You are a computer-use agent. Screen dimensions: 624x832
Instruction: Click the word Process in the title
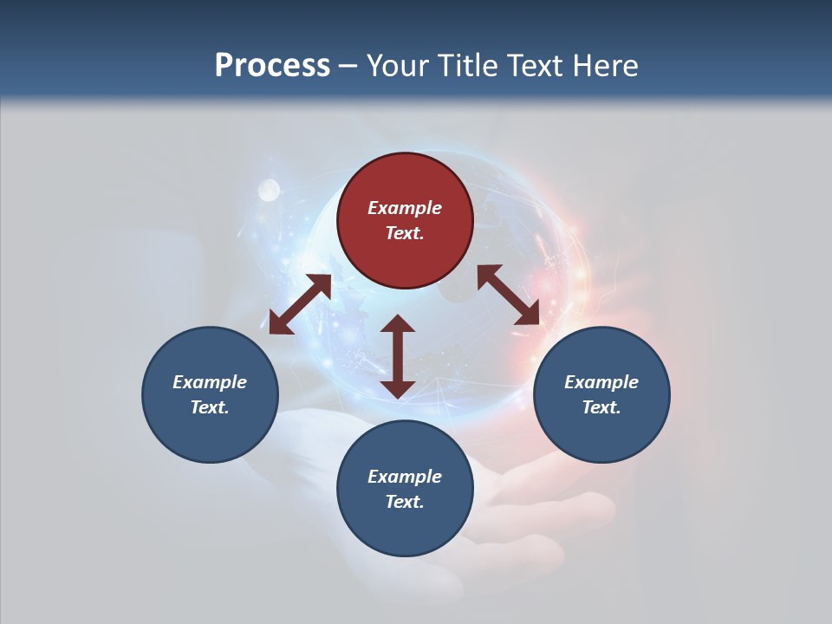(x=272, y=66)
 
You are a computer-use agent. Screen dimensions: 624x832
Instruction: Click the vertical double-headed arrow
(x=398, y=356)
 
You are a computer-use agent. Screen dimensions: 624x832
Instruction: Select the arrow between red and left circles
(x=300, y=304)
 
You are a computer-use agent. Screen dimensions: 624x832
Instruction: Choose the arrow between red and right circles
(x=509, y=295)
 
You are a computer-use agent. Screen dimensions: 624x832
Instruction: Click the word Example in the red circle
(x=405, y=208)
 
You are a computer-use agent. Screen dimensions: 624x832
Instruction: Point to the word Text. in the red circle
(x=405, y=233)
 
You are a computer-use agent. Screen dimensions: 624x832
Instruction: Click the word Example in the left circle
(x=210, y=382)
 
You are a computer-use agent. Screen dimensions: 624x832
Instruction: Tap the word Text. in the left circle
(x=210, y=407)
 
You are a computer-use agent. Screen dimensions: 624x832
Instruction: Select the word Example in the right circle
(x=601, y=382)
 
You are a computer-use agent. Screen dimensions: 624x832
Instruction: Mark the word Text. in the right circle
(x=601, y=407)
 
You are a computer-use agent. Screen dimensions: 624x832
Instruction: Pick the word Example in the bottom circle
(x=405, y=477)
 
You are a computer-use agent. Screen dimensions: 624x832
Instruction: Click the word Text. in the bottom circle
(x=405, y=502)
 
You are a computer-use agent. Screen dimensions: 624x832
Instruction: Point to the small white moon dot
(x=270, y=188)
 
